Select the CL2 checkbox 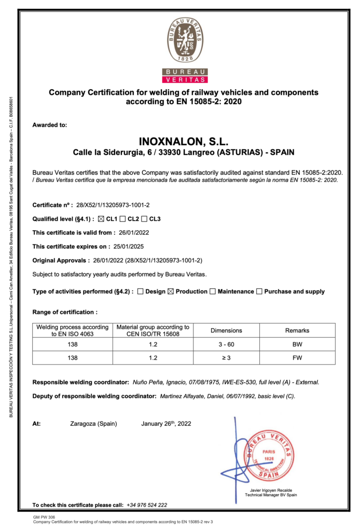pos(123,219)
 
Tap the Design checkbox pos(141,291)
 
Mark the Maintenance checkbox pos(213,291)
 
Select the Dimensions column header pos(226,330)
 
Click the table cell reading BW pos(297,344)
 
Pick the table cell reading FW pos(297,358)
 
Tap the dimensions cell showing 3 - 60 pos(226,344)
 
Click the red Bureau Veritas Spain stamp pos(268,454)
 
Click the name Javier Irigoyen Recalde pos(271,490)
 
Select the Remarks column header pos(297,330)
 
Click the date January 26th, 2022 pos(166,424)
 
